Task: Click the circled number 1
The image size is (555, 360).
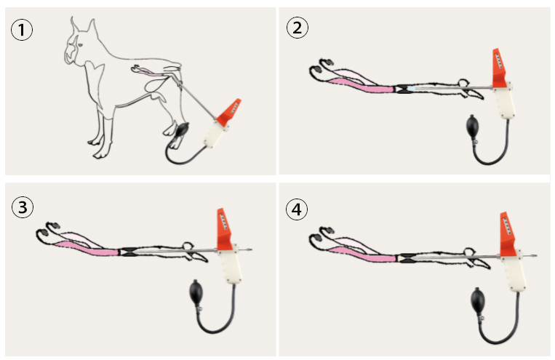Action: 22,30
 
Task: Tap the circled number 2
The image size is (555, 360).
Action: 298,28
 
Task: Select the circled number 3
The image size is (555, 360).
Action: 23,207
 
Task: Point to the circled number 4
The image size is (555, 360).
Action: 297,209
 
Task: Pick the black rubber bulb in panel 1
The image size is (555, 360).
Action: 183,129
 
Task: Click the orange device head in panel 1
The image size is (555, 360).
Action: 229,111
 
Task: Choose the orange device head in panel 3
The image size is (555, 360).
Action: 224,229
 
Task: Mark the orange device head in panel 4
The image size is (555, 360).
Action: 507,233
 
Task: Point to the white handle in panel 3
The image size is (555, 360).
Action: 230,264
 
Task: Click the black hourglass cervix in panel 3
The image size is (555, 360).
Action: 128,252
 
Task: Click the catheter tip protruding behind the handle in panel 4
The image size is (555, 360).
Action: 531,255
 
